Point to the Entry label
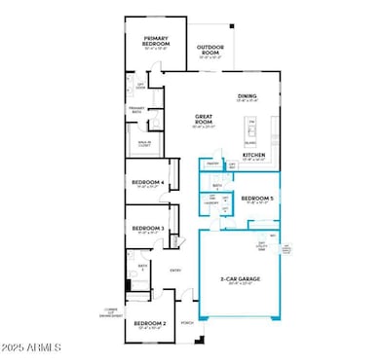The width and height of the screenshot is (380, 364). click(176, 272)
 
